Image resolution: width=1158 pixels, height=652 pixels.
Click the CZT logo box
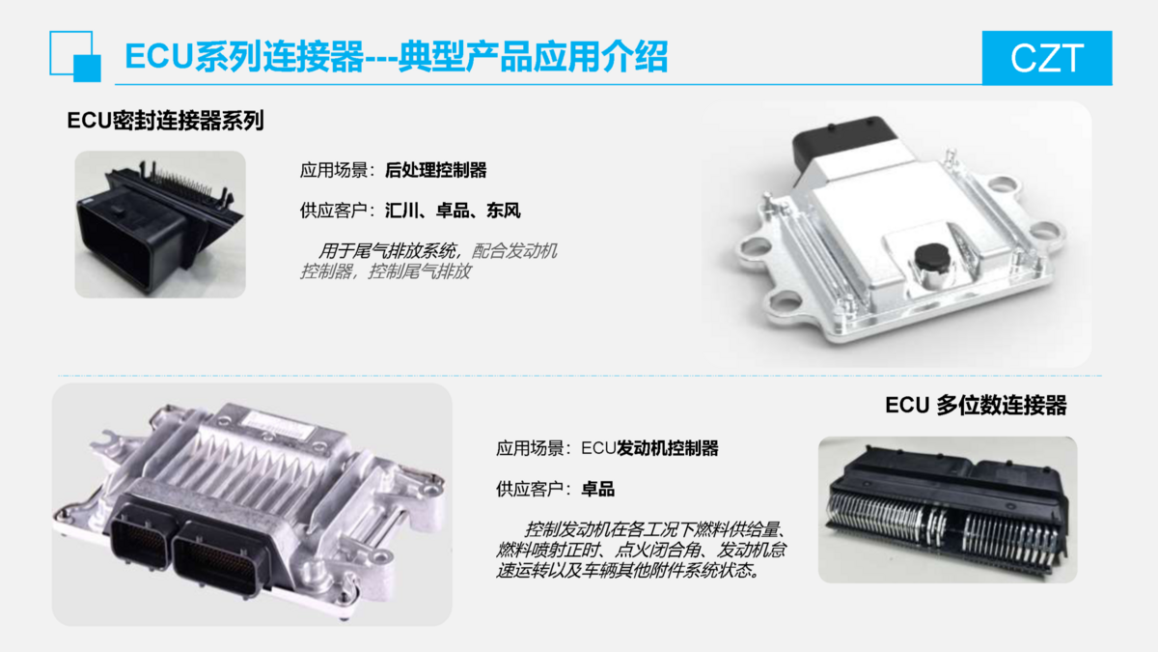[1047, 57]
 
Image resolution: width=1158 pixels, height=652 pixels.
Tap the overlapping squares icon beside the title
[75, 56]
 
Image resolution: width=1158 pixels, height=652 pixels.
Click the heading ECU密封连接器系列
[165, 121]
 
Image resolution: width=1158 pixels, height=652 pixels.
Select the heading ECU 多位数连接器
[976, 405]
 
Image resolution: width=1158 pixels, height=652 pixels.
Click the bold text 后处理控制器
[436, 170]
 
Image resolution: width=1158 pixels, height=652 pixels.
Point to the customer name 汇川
[401, 211]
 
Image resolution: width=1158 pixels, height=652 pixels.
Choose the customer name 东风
[504, 211]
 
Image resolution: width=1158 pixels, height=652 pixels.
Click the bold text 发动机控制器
[668, 448]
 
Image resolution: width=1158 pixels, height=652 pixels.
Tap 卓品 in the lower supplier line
[598, 489]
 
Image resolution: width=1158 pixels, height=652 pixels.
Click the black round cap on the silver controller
[935, 258]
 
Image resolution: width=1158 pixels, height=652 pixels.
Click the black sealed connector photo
[160, 224]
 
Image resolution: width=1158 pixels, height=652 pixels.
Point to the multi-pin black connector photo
[948, 510]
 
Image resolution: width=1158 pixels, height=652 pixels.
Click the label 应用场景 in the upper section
[334, 170]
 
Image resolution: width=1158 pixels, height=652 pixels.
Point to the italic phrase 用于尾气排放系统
[387, 251]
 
